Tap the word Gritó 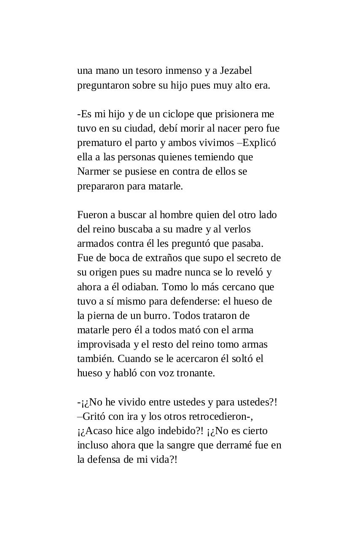click(94, 416)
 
